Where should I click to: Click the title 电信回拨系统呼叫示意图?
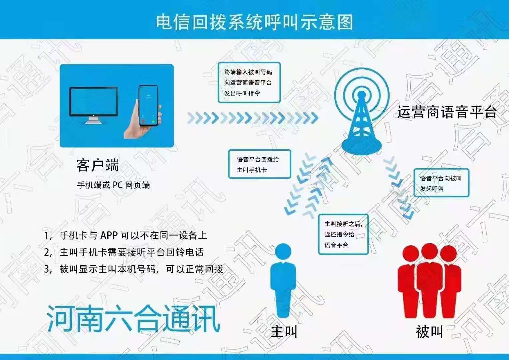click(x=255, y=22)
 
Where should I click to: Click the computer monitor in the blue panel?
click(x=94, y=105)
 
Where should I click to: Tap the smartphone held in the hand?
click(x=148, y=105)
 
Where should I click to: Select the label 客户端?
click(x=98, y=165)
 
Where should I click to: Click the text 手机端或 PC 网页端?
click(x=113, y=185)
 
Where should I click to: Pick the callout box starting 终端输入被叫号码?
click(x=249, y=83)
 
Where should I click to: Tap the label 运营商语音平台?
click(x=447, y=112)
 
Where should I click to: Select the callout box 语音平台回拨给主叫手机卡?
click(x=259, y=164)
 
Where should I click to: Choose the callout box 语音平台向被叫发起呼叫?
click(x=441, y=183)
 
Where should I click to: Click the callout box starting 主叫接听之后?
click(x=343, y=234)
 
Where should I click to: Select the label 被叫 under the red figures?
click(x=429, y=332)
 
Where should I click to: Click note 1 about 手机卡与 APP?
click(x=125, y=235)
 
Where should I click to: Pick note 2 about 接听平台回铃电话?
click(x=124, y=252)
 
